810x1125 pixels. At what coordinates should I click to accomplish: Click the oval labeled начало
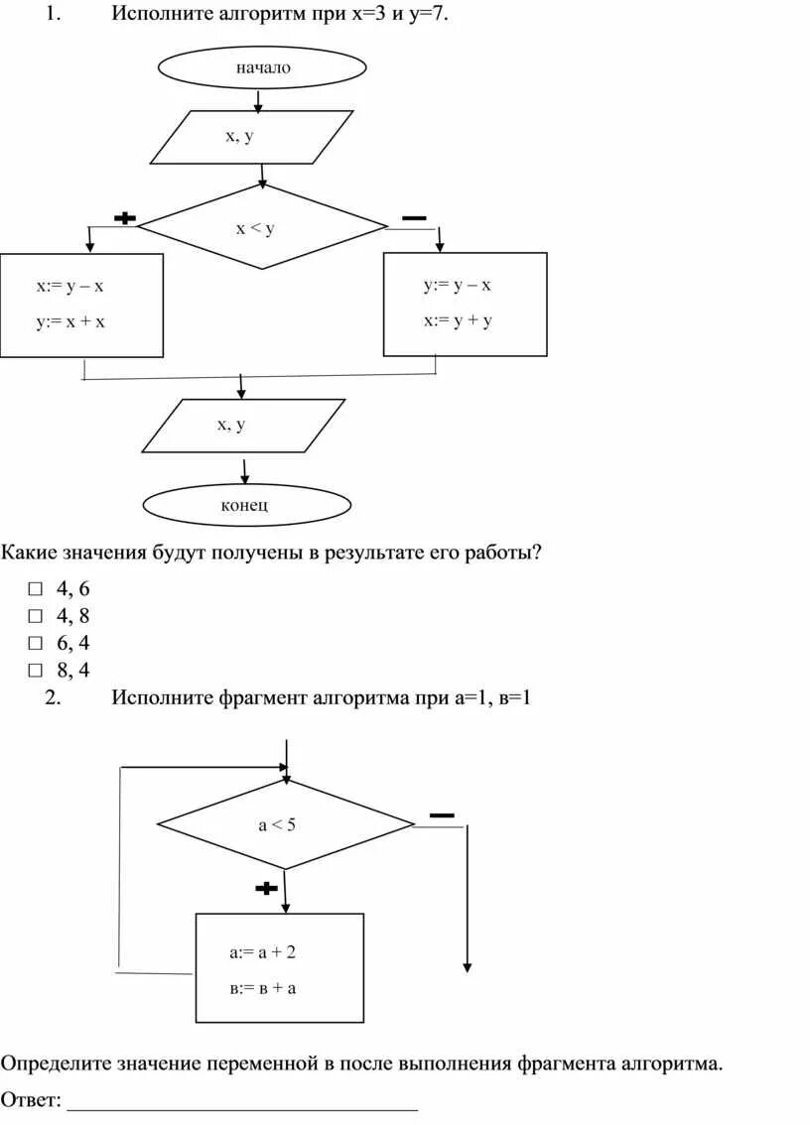[262, 67]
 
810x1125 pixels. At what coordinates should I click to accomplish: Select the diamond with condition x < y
[261, 227]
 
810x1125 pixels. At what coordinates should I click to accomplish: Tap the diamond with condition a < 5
[285, 824]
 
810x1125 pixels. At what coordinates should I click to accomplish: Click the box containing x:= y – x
[81, 305]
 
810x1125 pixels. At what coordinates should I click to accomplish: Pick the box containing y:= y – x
[465, 304]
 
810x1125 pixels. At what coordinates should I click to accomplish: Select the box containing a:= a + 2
[279, 967]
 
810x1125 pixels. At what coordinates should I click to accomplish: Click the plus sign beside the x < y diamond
[125, 218]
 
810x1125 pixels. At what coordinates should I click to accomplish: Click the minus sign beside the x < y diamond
[414, 217]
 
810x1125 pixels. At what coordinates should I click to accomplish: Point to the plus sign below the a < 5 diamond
[266, 888]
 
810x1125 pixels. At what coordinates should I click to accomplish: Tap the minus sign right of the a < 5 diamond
[442, 815]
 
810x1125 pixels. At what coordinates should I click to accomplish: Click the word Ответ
[30, 1100]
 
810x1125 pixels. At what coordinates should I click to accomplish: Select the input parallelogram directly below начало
[251, 137]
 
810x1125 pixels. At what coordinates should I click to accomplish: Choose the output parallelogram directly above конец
[243, 426]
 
